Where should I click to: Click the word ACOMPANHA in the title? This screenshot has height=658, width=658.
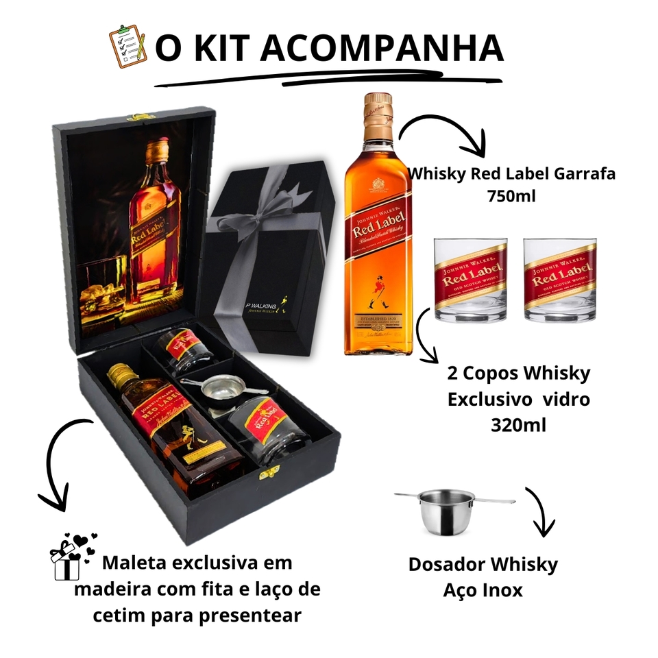coord(382,48)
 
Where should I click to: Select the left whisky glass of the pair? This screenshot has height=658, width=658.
coord(470,279)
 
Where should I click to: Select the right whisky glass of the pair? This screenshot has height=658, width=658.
coord(560,279)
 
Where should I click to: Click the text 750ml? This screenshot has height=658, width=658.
coord(511,196)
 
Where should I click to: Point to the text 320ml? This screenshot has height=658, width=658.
coord(518,424)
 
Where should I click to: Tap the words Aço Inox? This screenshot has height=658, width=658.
coord(483,589)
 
